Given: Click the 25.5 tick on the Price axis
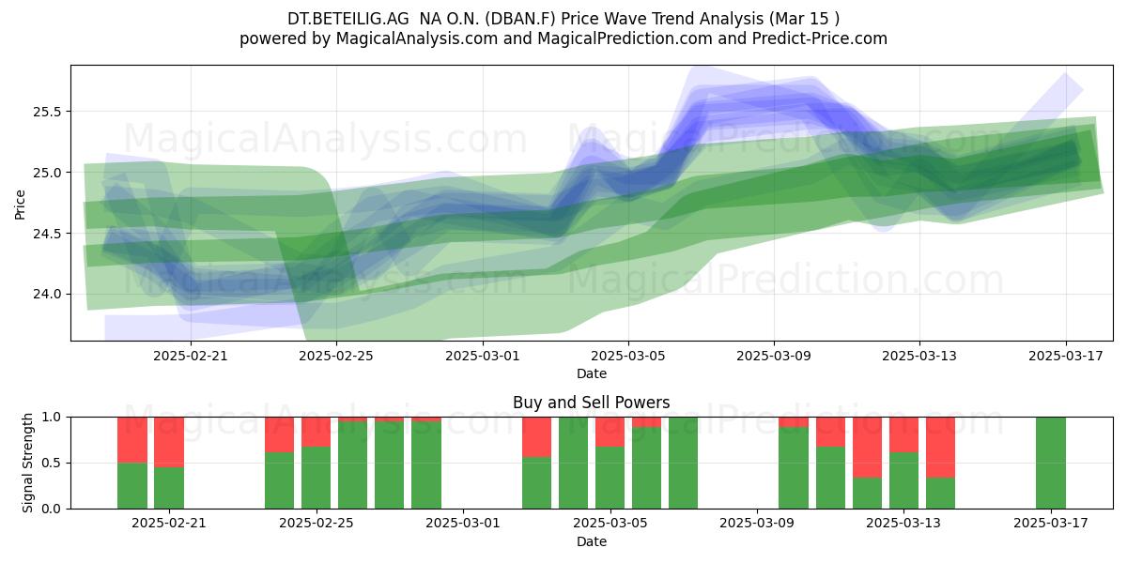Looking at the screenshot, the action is (47, 112).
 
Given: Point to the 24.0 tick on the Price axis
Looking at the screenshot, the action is (47, 294).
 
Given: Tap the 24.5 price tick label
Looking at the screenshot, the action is (47, 234).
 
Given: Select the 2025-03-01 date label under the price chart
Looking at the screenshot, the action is (483, 356).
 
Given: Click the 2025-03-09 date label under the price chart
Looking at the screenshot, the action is (774, 356).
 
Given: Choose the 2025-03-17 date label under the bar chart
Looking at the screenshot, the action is (1051, 523).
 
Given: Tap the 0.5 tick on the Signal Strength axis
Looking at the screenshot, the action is (51, 463).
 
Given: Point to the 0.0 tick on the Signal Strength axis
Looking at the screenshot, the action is (51, 509).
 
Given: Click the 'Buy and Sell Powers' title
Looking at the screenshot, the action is (591, 403).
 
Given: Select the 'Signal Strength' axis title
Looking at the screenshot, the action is (27, 463).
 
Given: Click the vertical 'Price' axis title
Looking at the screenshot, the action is (20, 205).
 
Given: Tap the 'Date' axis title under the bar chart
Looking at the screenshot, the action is (591, 541).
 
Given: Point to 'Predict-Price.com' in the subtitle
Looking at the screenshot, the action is (820, 38).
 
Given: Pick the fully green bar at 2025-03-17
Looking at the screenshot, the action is (1051, 463).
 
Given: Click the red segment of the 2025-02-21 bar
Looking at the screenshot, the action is (169, 442).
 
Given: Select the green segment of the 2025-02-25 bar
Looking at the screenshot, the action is (316, 478).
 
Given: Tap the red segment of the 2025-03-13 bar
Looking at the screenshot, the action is (903, 434).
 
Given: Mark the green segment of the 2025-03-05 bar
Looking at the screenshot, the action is (610, 478).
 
